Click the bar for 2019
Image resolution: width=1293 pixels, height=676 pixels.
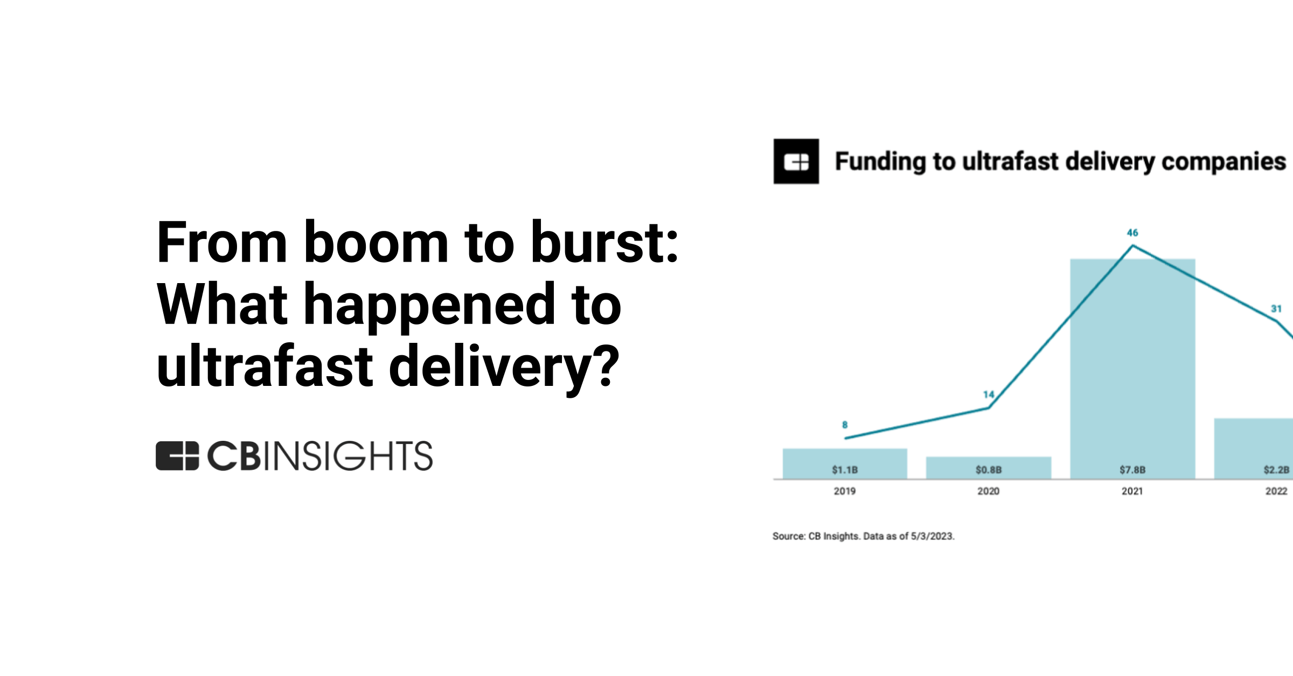[844, 457]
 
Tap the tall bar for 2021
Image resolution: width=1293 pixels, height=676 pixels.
[1132, 366]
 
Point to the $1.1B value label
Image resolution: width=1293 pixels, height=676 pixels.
[844, 470]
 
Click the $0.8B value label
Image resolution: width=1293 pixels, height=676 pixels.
[988, 470]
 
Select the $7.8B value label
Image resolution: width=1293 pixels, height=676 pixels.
[1132, 470]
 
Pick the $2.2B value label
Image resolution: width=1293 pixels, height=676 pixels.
[1276, 470]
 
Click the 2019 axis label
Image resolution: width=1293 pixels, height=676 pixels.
[844, 491]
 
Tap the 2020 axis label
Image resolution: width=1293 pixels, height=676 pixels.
[988, 491]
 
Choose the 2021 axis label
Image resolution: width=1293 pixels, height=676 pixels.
[1132, 491]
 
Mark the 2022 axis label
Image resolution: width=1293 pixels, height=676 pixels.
[1276, 491]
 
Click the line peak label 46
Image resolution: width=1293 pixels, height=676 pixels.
[1132, 233]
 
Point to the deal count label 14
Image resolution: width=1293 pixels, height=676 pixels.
[988, 395]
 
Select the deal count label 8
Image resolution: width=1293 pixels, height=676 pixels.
[845, 425]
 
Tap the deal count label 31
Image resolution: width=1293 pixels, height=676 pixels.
[1276, 309]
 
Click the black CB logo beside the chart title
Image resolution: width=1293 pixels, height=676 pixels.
[796, 161]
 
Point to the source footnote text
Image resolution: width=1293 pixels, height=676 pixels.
[863, 536]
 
